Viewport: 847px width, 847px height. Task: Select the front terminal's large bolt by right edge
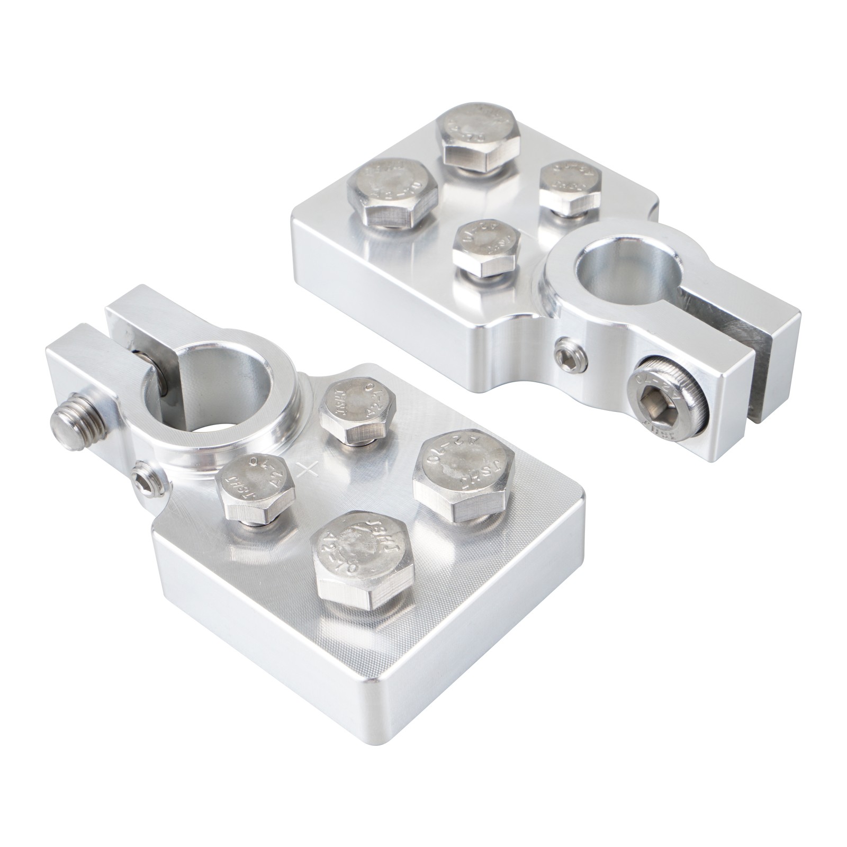(463, 471)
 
